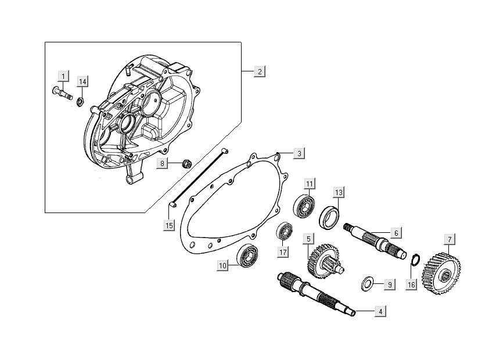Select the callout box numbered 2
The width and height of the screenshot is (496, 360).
coord(260,71)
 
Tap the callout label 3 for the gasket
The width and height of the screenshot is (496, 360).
coord(298,153)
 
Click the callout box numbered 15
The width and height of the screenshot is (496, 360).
coord(170,225)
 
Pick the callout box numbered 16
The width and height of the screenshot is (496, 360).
coord(411,285)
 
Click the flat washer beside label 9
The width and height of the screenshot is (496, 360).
coord(367,284)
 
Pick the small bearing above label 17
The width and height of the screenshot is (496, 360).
coord(284,231)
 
